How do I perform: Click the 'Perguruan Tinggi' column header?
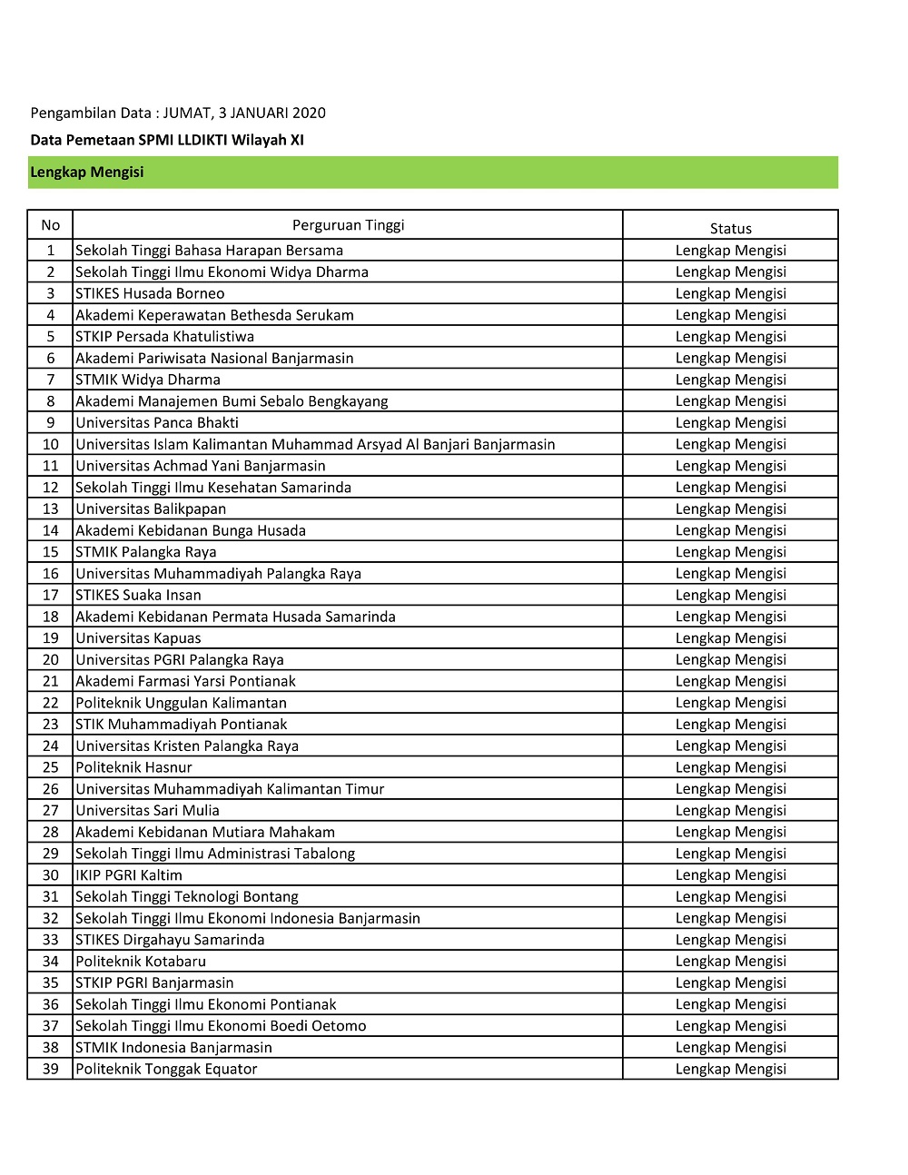(348, 225)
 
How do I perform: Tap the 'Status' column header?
(730, 228)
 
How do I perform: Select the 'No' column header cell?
(50, 225)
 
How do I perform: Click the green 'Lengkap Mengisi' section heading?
(87, 172)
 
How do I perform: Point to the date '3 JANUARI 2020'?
(271, 113)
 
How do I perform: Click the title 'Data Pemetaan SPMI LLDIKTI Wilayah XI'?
(167, 140)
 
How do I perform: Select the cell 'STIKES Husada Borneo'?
(150, 293)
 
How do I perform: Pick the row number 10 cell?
(50, 444)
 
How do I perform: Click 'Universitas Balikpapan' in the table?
(151, 509)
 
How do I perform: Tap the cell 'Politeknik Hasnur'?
(133, 767)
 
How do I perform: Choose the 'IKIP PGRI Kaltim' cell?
(129, 874)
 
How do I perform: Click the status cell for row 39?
(730, 1069)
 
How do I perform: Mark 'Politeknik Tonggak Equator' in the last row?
(166, 1069)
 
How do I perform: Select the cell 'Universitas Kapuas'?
(138, 637)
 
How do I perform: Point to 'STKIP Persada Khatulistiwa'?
(164, 336)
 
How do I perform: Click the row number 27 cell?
(50, 810)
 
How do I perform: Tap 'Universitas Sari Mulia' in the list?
(147, 810)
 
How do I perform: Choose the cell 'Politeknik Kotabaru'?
(141, 961)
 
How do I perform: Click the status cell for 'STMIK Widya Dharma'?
(730, 380)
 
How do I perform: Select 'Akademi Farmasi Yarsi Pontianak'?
(185, 681)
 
